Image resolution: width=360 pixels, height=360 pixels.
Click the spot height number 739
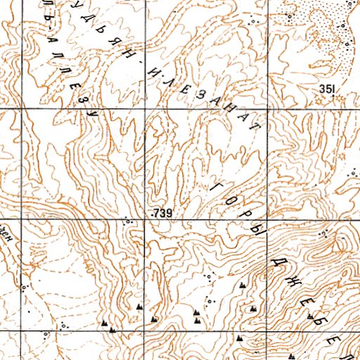point(162,212)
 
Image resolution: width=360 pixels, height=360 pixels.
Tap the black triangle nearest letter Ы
point(243,285)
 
